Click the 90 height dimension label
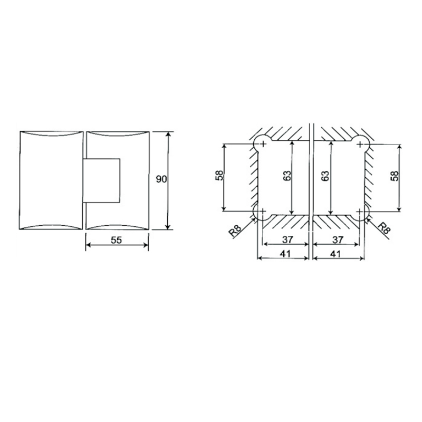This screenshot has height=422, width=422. (x=161, y=179)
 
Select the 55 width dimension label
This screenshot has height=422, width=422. (x=117, y=240)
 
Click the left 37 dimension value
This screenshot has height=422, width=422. (x=286, y=239)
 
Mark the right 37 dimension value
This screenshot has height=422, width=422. (x=338, y=239)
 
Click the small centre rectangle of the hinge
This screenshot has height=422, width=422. (x=102, y=179)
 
